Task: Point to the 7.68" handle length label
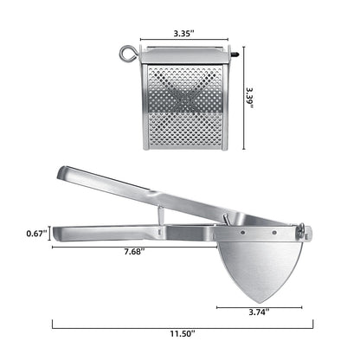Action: click(x=132, y=253)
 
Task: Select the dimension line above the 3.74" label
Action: click(x=259, y=305)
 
